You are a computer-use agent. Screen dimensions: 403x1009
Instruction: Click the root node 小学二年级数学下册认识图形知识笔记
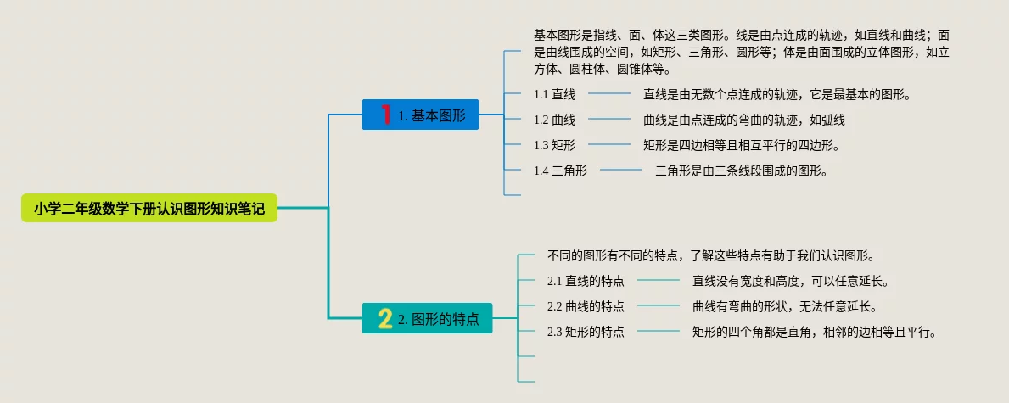(x=149, y=208)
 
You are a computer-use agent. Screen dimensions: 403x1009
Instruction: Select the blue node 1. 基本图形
(x=421, y=115)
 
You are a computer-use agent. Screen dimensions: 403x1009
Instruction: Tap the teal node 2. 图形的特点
(x=428, y=319)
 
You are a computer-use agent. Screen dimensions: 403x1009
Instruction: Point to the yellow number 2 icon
(x=385, y=319)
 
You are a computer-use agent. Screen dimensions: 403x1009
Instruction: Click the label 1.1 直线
(x=554, y=94)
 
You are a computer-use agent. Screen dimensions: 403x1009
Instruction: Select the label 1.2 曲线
(x=554, y=120)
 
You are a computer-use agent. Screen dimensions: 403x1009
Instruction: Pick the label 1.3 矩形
(x=554, y=145)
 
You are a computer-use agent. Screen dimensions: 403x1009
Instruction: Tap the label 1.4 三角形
(x=560, y=171)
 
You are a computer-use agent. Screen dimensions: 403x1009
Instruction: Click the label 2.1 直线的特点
(x=586, y=281)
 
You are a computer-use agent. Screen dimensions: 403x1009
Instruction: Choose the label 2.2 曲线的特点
(x=586, y=306)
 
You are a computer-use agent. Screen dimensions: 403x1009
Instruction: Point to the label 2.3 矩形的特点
(x=586, y=332)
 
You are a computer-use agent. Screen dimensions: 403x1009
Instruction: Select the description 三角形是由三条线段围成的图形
(x=741, y=171)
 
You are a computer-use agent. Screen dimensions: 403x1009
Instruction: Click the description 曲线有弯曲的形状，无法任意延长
(x=784, y=306)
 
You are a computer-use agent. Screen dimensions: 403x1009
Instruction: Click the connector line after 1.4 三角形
(x=621, y=171)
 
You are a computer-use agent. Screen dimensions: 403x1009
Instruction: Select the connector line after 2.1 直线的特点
(x=659, y=281)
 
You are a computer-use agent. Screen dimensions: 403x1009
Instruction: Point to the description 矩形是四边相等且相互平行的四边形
(x=741, y=145)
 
